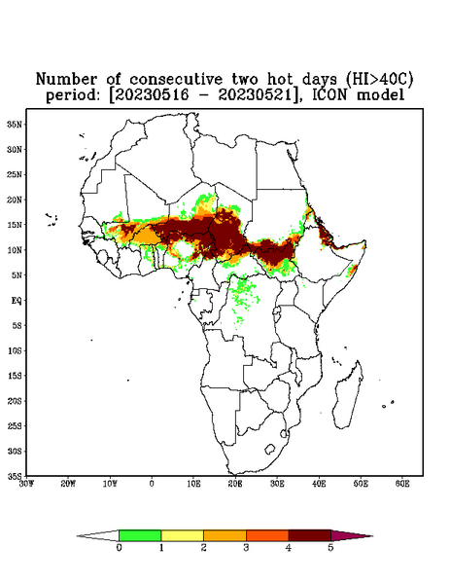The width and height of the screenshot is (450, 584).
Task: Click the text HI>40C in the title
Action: tap(378, 79)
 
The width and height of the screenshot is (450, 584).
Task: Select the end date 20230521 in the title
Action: tap(255, 95)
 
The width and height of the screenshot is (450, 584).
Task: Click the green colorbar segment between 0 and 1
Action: tap(140, 535)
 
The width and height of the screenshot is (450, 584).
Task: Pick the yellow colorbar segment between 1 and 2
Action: tap(182, 535)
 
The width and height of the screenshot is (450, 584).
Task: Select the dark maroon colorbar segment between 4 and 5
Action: tap(310, 535)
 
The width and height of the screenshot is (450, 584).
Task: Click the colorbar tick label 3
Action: tap(246, 548)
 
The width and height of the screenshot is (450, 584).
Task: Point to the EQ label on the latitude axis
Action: tap(17, 300)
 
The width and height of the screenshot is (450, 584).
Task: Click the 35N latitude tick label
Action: tap(15, 125)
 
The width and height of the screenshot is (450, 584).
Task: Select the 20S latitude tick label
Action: tap(15, 401)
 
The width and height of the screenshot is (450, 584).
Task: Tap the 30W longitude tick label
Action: tap(27, 484)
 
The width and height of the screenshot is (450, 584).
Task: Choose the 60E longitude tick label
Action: tap(402, 484)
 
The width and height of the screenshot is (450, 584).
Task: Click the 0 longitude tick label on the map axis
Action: tap(152, 484)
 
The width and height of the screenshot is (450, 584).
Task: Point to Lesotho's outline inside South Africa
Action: tap(269, 449)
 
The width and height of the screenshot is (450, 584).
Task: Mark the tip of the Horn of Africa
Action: tap(366, 241)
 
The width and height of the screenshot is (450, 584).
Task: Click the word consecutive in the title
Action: tap(176, 79)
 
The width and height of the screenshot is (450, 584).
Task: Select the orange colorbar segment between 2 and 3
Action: tap(225, 535)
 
